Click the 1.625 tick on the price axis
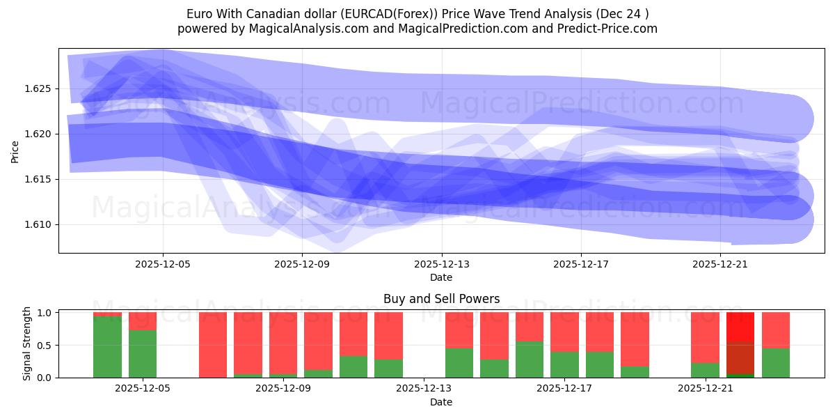40,88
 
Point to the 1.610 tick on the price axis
40,224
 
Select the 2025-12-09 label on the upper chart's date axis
302,265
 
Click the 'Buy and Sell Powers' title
441,299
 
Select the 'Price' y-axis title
15,151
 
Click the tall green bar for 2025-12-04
107,347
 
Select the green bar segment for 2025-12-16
529,359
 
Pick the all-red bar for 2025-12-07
213,345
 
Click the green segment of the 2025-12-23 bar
776,363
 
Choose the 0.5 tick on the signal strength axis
45,345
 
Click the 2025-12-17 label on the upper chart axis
581,265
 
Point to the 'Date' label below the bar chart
441,402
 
